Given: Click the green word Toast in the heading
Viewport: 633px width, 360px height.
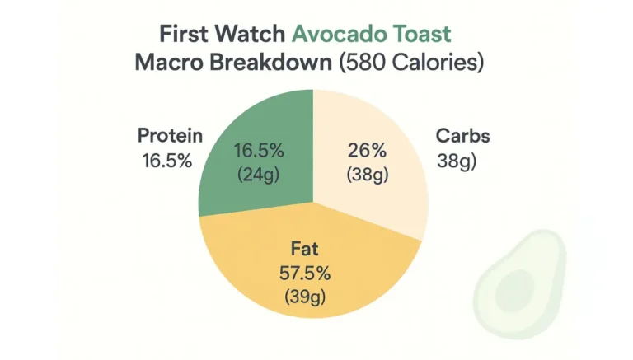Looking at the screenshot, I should (422, 35).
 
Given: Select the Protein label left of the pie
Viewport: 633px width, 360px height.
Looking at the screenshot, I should (170, 136).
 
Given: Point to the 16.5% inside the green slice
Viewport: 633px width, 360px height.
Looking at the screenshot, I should (259, 152).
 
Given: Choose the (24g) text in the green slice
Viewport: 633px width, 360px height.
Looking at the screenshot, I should (259, 175).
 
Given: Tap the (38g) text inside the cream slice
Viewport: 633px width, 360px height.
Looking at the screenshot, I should (368, 175).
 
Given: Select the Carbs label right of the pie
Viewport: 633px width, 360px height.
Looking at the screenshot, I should (462, 136).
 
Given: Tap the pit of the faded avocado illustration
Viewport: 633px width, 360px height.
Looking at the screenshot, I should (505, 291).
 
